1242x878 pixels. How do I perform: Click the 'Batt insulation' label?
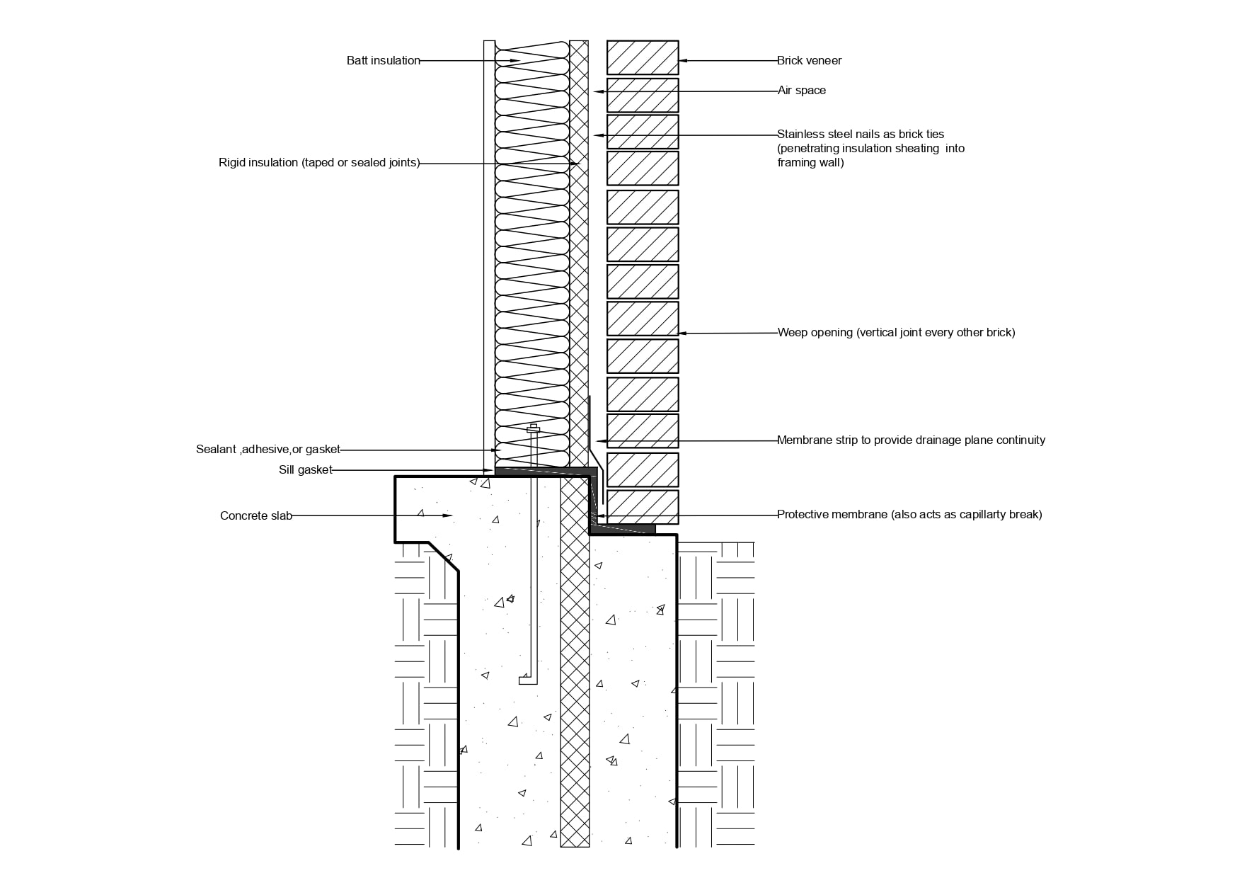click(x=384, y=61)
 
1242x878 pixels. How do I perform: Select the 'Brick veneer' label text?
click(x=810, y=61)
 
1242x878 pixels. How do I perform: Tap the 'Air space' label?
click(x=802, y=91)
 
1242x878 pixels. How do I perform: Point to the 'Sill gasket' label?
click(x=305, y=470)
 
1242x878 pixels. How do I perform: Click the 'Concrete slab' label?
click(x=256, y=516)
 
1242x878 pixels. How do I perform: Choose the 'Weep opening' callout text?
click(x=896, y=333)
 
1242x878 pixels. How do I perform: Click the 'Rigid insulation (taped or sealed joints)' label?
click(x=319, y=163)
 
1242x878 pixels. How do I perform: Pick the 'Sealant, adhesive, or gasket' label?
click(x=268, y=450)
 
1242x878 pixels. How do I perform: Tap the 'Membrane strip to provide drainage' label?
click(x=911, y=440)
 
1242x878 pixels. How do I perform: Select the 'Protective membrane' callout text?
click(x=909, y=515)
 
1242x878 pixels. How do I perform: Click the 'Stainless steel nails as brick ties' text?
click(x=861, y=135)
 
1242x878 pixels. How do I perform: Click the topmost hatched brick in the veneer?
click(x=643, y=57)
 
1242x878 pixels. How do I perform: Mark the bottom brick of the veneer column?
click(x=643, y=507)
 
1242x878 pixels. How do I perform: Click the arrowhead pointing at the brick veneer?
click(x=684, y=61)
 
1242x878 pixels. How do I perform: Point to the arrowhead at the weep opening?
click(x=684, y=333)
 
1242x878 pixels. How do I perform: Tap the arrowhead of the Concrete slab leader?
click(x=447, y=515)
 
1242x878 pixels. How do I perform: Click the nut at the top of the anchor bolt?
click(x=534, y=429)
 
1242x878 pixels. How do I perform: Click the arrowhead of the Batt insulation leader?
click(x=514, y=61)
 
